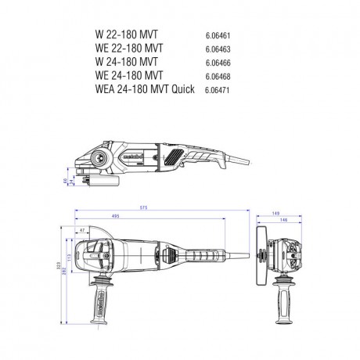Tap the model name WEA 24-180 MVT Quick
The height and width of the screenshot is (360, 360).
[x=138, y=89]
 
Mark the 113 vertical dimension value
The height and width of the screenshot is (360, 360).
[x=69, y=256]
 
